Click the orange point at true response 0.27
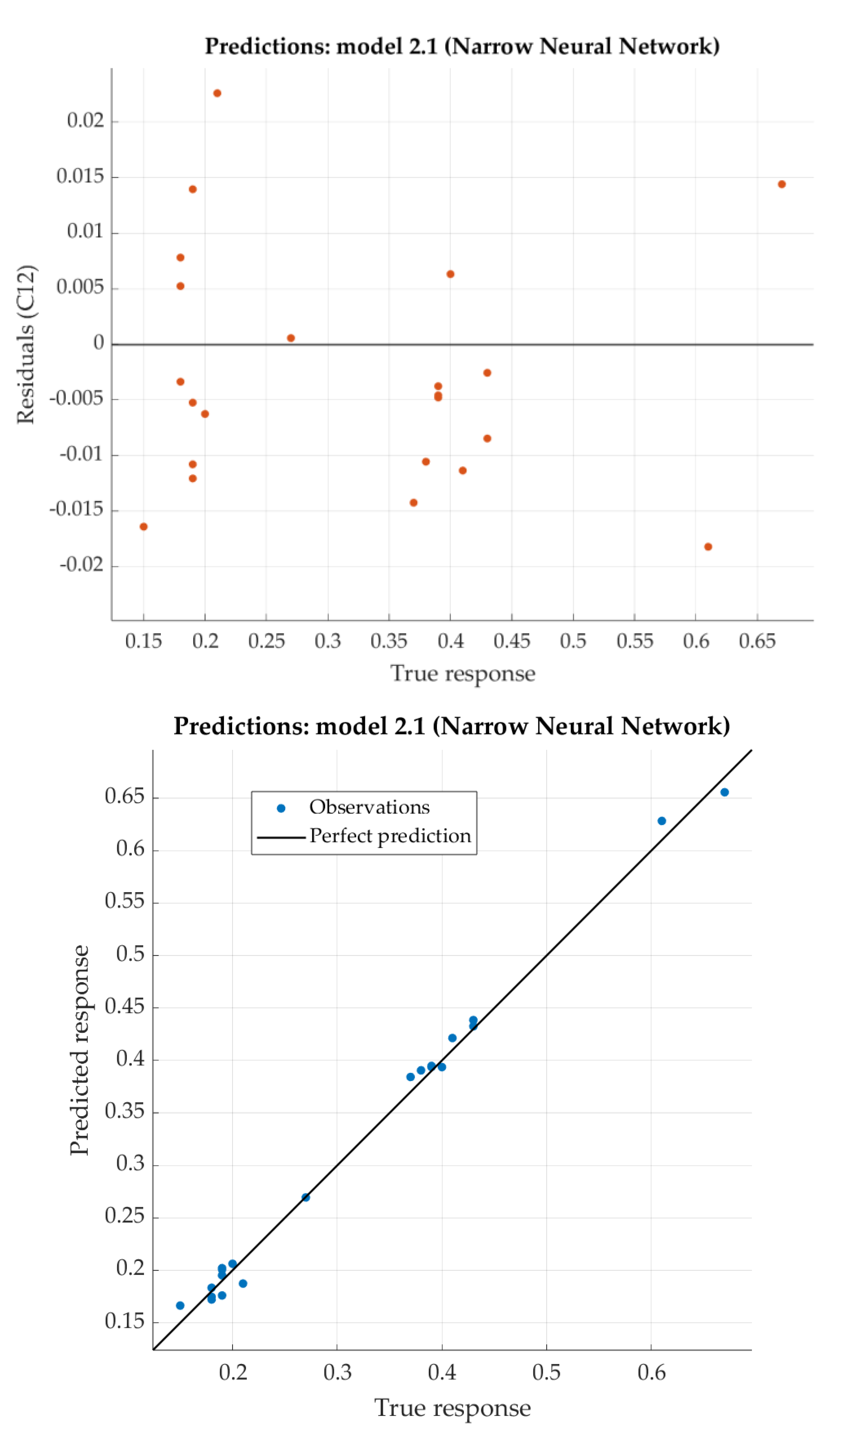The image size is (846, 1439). click(x=291, y=338)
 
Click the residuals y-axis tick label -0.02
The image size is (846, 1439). click(x=82, y=565)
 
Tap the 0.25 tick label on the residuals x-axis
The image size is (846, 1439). click(x=266, y=641)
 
